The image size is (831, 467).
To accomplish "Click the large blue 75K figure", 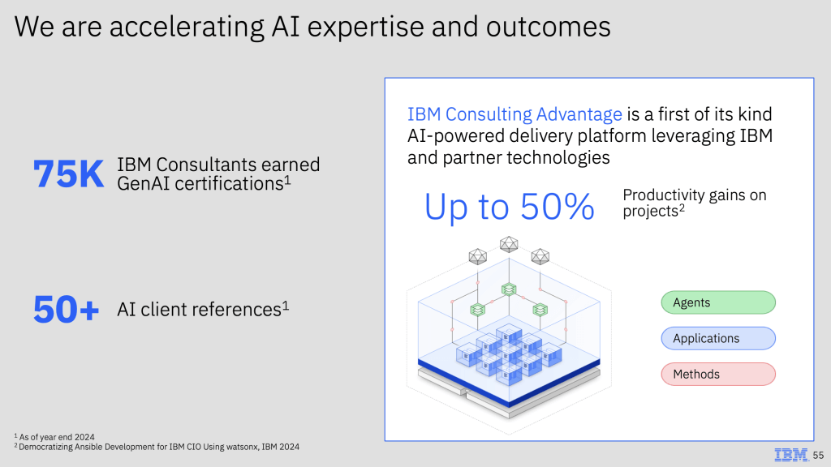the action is click(68, 174).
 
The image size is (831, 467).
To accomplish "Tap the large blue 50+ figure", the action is click(67, 310).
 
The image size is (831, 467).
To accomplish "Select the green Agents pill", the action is click(718, 302).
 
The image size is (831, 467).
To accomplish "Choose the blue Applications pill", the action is click(718, 338).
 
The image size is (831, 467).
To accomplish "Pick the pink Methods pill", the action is click(718, 374).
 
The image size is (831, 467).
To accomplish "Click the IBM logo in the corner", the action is click(791, 455).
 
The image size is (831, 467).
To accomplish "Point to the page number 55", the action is click(818, 456).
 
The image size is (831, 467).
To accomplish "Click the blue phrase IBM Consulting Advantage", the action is click(514, 114).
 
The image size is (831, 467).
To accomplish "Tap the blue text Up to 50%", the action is click(509, 206).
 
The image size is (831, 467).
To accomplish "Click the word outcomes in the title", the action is click(548, 27).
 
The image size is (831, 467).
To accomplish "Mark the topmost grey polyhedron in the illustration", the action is click(509, 244).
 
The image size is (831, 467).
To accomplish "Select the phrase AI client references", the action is click(200, 309).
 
